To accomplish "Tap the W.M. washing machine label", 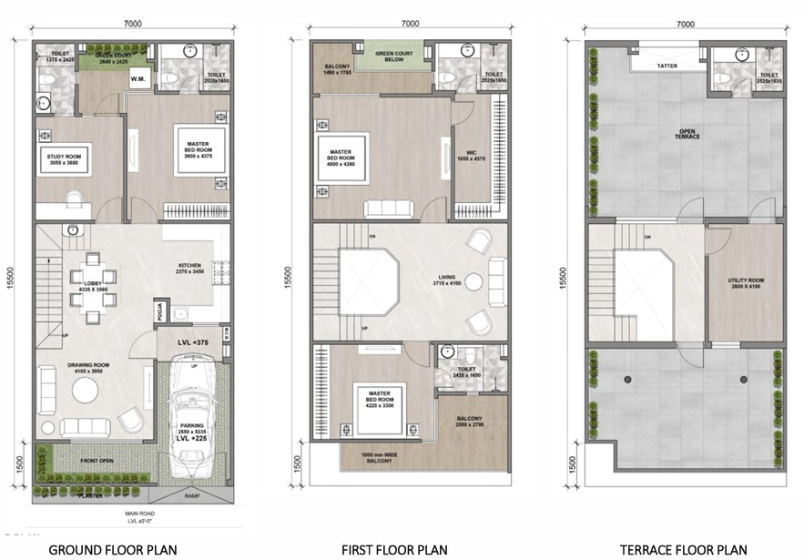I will [x=140, y=79].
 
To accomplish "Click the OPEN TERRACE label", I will [x=687, y=133].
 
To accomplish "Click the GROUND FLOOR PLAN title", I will [x=112, y=549].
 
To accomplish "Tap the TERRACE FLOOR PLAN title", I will [x=683, y=549].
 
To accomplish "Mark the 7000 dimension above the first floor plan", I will [x=409, y=24].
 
